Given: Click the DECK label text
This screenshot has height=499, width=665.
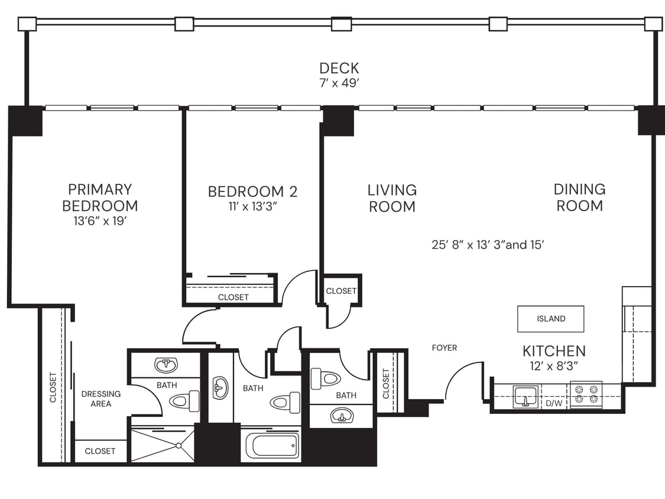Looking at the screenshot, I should coord(339,68).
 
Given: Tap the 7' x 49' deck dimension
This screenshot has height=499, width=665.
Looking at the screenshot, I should coord(339,83).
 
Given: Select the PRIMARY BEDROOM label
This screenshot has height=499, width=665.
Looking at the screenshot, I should coord(100,197).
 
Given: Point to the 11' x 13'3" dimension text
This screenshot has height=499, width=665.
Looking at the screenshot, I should coord(252,207).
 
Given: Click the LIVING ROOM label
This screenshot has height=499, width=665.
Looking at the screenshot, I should coord(392,198).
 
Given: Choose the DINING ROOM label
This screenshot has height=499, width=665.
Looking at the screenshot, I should coord(579,197).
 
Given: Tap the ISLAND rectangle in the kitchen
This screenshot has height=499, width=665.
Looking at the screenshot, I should coord(551,319).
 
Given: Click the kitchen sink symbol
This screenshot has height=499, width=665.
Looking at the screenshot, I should coord(525,395).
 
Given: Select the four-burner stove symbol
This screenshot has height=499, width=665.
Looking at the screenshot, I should coord(586,394).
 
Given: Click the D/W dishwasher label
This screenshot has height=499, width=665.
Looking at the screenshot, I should coord(554,403).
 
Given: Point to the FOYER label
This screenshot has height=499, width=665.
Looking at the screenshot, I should coord(444,348).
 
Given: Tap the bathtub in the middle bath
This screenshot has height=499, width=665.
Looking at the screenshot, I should coord(272,445).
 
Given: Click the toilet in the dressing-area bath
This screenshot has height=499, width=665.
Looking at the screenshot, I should coord(184,401).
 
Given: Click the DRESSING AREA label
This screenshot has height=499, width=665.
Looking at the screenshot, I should coord(101,398).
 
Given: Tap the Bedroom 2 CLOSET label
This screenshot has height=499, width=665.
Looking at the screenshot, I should coord(233,297).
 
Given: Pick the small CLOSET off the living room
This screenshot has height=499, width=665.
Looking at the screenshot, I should coord(341,291).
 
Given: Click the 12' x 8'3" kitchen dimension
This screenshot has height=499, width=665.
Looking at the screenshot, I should coord(554,366).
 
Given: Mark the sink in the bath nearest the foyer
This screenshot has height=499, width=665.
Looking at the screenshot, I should coord(342,416).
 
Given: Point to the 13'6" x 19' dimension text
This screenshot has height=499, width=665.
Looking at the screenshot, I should coord(100,222).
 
